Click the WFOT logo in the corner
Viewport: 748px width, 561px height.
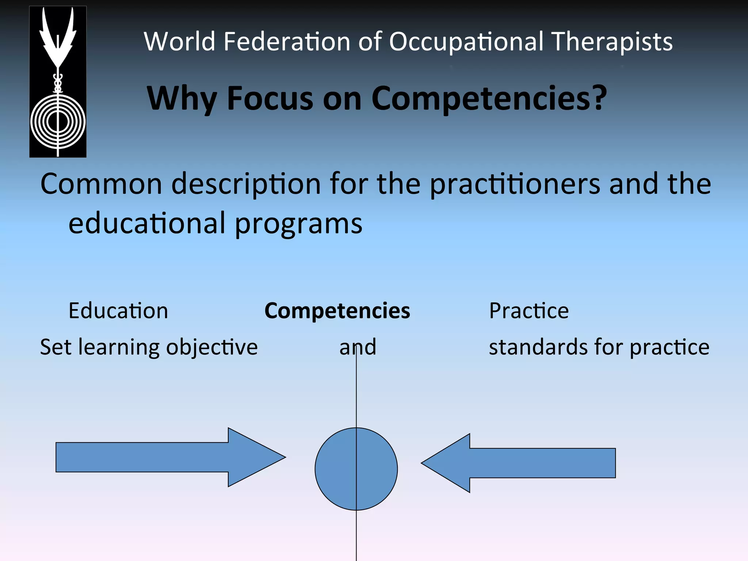(x=58, y=82)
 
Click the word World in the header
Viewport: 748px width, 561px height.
(x=179, y=41)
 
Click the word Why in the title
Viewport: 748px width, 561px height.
(x=182, y=99)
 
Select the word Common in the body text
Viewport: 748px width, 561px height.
(x=101, y=184)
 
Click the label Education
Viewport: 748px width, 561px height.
(x=118, y=311)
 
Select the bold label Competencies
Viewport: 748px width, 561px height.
(x=337, y=311)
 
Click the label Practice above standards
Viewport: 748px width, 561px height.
(x=529, y=311)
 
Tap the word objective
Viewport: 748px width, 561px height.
(x=212, y=347)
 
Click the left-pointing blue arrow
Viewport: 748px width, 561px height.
(x=519, y=463)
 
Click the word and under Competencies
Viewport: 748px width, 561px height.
(x=358, y=347)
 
